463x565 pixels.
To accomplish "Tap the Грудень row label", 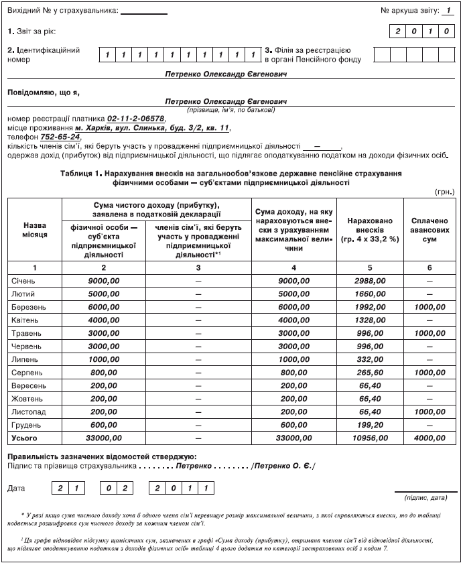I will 25,424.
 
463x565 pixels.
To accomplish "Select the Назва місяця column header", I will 35,230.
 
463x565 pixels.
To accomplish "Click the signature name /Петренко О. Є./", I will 282,465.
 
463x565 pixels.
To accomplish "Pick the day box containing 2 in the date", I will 60,488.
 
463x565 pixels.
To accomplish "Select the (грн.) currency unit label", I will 444,191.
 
